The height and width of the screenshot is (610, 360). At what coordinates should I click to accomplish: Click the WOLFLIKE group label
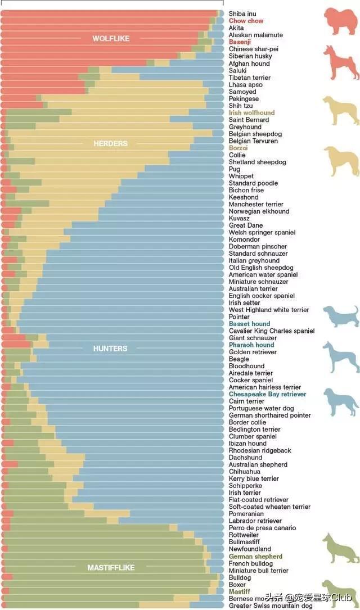[x=111, y=39]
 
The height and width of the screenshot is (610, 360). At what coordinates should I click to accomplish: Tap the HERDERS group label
[x=110, y=143]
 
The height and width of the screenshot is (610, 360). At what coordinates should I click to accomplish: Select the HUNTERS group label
[x=110, y=349]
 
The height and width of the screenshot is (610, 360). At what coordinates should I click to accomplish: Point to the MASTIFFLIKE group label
[x=111, y=568]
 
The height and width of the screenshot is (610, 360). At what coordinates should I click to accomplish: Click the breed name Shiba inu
[x=242, y=13]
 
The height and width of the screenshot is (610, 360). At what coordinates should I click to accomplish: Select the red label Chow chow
[x=246, y=21]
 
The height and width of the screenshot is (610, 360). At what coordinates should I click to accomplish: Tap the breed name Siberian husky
[x=250, y=56]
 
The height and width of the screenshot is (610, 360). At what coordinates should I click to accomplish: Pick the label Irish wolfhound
[x=251, y=113]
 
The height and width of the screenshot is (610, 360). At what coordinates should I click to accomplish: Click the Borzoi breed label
[x=238, y=148]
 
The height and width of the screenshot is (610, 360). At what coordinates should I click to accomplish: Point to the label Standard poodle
[x=253, y=183]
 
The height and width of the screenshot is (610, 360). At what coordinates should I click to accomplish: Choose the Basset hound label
[x=249, y=324]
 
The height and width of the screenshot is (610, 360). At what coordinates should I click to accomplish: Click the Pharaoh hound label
[x=251, y=345]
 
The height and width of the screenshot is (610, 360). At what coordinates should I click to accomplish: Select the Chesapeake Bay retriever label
[x=267, y=394]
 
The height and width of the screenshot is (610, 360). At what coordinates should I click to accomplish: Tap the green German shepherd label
[x=255, y=556]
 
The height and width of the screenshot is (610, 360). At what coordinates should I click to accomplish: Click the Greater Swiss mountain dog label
[x=271, y=606]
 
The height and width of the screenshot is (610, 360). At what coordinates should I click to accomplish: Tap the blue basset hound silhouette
[x=340, y=316]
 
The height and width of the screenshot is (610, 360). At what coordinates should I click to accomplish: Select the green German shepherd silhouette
[x=340, y=548]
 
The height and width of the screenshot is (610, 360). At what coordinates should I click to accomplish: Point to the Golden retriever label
[x=253, y=352]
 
